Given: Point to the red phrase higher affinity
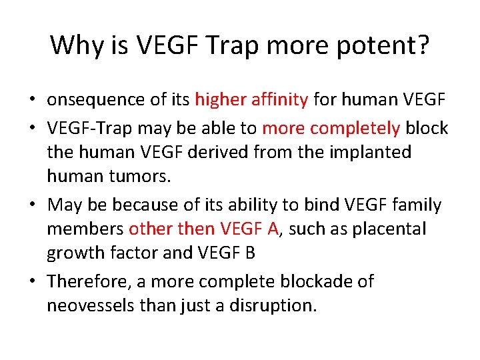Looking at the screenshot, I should coord(251,100).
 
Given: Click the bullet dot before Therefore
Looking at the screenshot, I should coord(32,281).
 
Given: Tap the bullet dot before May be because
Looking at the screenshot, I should coord(32,205).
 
